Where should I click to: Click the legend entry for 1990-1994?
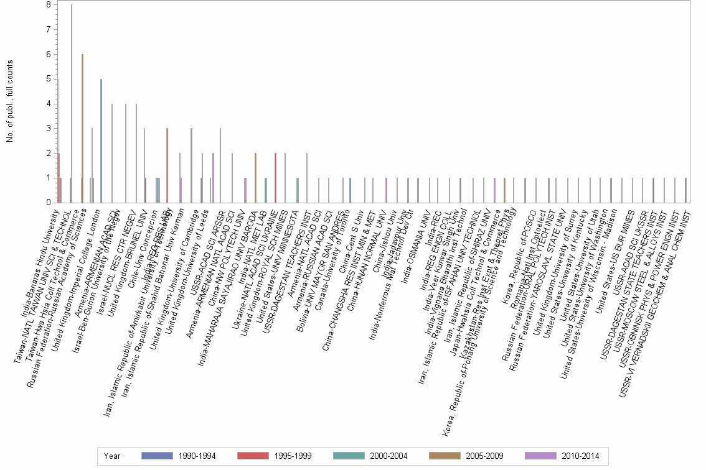point(177,456)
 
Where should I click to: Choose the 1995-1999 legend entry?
point(275,456)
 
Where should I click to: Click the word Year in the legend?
point(113,456)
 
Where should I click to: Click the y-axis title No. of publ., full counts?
point(10,101)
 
